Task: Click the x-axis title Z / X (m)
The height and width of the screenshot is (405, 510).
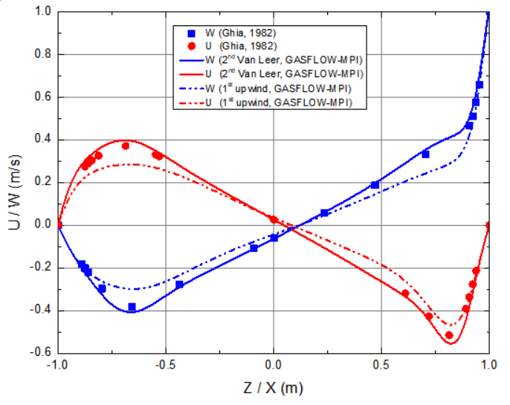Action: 274,388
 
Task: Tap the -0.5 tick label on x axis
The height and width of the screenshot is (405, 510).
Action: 165,366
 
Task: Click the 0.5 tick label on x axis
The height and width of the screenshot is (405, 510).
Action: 381,366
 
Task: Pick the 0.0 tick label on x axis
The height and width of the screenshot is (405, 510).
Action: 274,366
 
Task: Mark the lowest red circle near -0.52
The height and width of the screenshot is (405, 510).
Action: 449,336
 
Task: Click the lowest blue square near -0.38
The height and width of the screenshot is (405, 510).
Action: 132,307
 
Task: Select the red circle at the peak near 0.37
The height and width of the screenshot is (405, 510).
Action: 126,146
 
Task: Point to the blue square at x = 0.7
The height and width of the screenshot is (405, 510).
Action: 425,154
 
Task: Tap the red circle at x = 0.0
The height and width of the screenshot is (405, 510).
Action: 274,219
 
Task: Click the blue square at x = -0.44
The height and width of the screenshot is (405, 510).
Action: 179,285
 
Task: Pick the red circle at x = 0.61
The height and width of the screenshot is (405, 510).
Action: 405,294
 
